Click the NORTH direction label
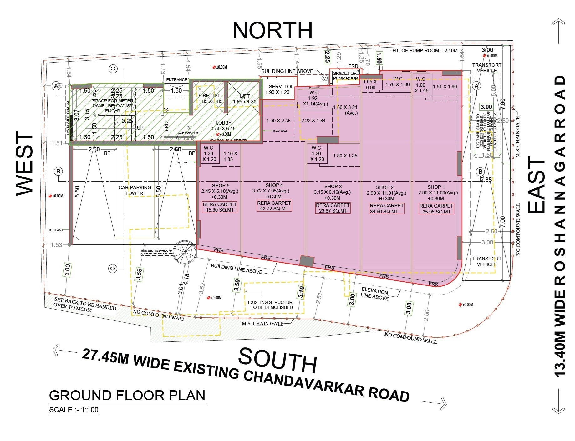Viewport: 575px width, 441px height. click(272, 30)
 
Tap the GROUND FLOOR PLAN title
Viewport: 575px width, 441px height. click(127, 396)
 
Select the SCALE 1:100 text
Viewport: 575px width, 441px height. click(74, 410)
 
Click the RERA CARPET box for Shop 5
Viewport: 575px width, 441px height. click(220, 207)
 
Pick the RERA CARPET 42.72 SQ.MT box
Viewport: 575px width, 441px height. click(274, 206)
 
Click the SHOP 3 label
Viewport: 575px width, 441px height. click(333, 187)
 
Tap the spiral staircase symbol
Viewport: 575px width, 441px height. click(185, 252)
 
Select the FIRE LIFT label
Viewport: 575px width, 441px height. click(209, 95)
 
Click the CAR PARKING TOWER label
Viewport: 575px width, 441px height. click(135, 190)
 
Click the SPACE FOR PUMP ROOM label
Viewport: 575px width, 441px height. click(345, 76)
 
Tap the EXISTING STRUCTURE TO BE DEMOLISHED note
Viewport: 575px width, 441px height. click(271, 305)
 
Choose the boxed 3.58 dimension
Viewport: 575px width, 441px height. click(139, 274)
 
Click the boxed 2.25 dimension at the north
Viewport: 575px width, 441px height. click(327, 57)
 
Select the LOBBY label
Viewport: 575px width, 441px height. click(223, 123)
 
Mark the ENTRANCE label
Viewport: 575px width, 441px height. click(176, 80)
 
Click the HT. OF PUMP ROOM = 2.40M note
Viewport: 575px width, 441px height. click(425, 50)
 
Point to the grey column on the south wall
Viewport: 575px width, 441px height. click(307, 261)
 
